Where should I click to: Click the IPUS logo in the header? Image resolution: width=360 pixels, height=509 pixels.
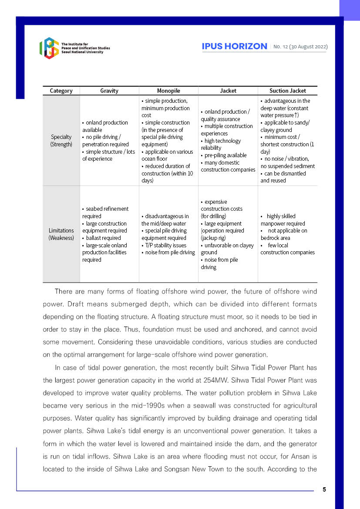pos(49,48)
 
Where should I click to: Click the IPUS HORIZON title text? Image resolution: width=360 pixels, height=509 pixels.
pos(234,47)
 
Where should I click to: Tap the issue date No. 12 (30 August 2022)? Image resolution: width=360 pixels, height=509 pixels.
pos(300,47)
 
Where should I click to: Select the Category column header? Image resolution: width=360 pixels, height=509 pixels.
pos(61,91)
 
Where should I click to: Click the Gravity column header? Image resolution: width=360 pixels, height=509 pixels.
pos(109,91)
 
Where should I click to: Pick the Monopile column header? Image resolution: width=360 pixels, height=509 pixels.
pos(168,91)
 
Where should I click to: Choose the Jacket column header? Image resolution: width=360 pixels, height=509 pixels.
pos(228,91)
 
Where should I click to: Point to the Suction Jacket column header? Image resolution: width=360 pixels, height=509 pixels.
pos(287,91)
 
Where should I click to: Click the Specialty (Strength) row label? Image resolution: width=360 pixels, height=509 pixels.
pos(61,141)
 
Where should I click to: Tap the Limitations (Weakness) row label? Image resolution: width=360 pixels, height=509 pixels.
pos(61,234)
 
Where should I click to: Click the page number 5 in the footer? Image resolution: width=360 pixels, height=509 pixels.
pos(324,489)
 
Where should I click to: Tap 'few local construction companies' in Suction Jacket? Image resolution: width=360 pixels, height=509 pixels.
pos(287,249)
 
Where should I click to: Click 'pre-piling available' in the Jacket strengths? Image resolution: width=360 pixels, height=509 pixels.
pos(225,155)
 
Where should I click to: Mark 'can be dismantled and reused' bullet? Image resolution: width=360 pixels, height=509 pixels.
pos(283,177)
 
